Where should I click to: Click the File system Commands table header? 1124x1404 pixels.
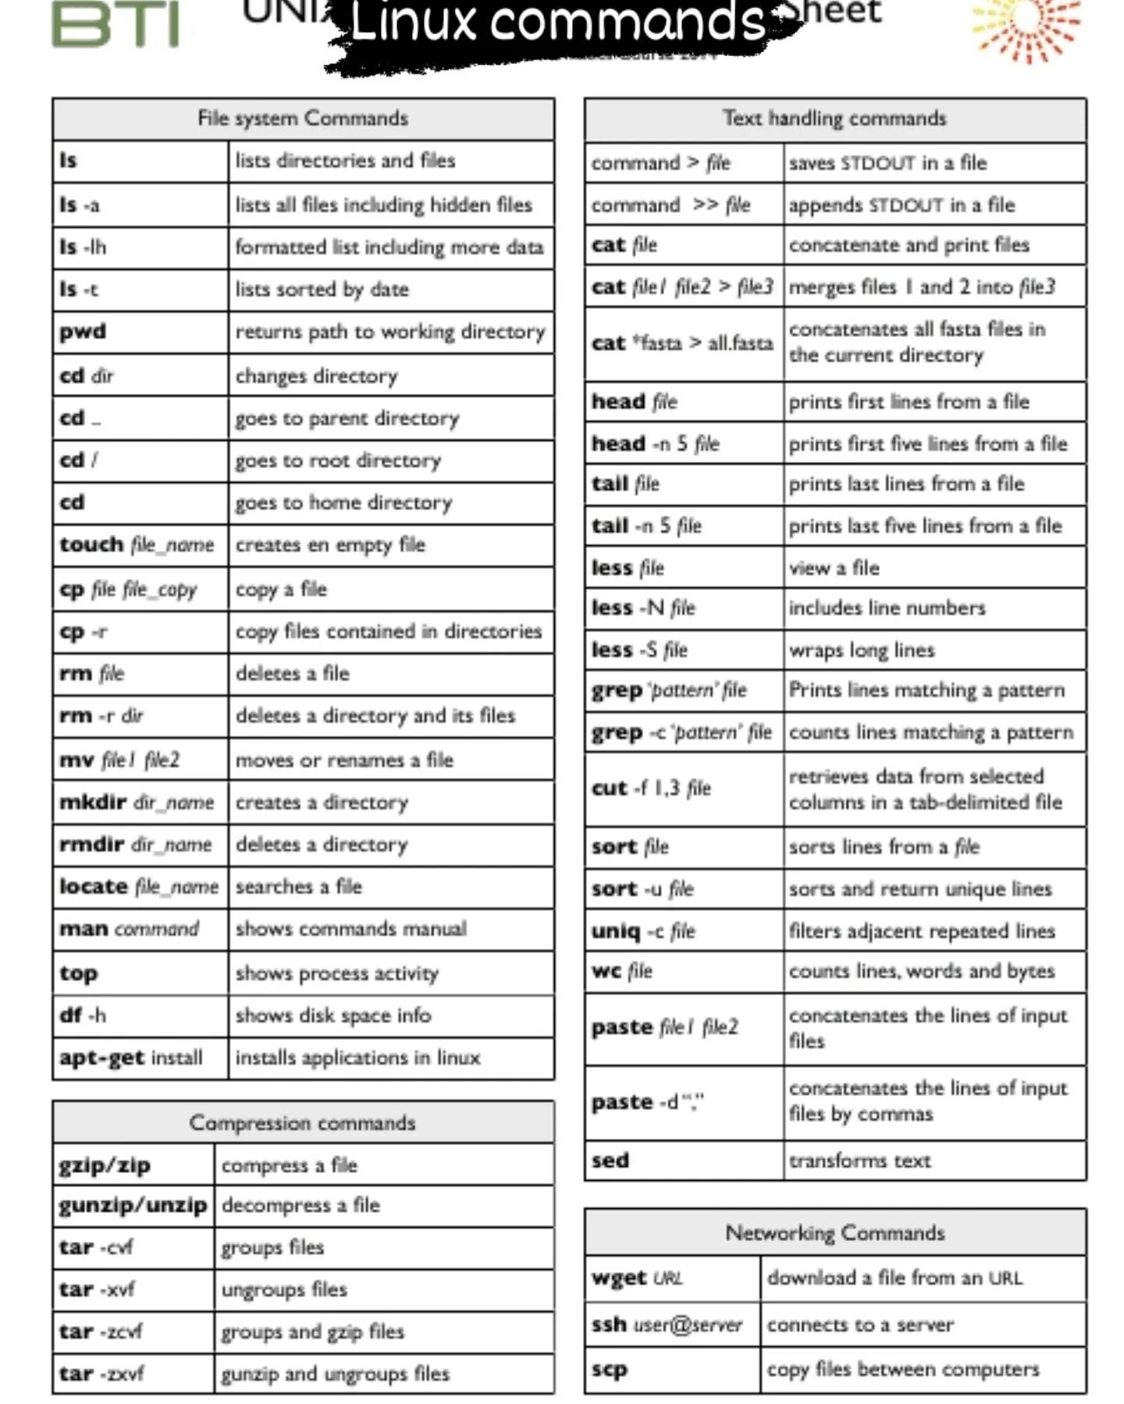tap(303, 119)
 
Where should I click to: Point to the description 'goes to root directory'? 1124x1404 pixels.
tap(338, 460)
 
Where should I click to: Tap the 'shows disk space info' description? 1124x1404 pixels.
tap(333, 1015)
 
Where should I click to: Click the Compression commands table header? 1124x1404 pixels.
tap(303, 1122)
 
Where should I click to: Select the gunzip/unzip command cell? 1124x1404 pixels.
tap(133, 1205)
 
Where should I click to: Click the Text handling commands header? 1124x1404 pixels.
tap(834, 119)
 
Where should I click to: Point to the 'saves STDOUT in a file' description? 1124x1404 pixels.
tap(887, 163)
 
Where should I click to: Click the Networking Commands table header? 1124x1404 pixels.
tap(834, 1232)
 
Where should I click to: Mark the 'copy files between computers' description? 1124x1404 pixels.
tap(903, 1369)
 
